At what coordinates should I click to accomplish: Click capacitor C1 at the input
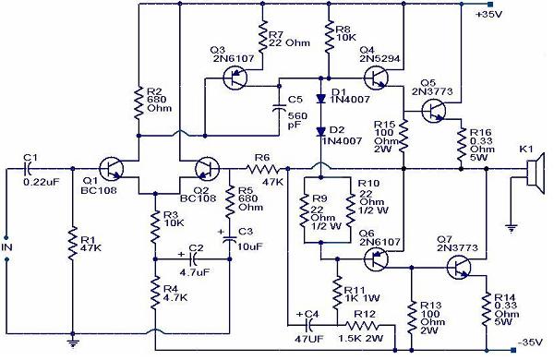[x=29, y=170]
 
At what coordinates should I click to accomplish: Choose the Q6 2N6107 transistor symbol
[x=374, y=259]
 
